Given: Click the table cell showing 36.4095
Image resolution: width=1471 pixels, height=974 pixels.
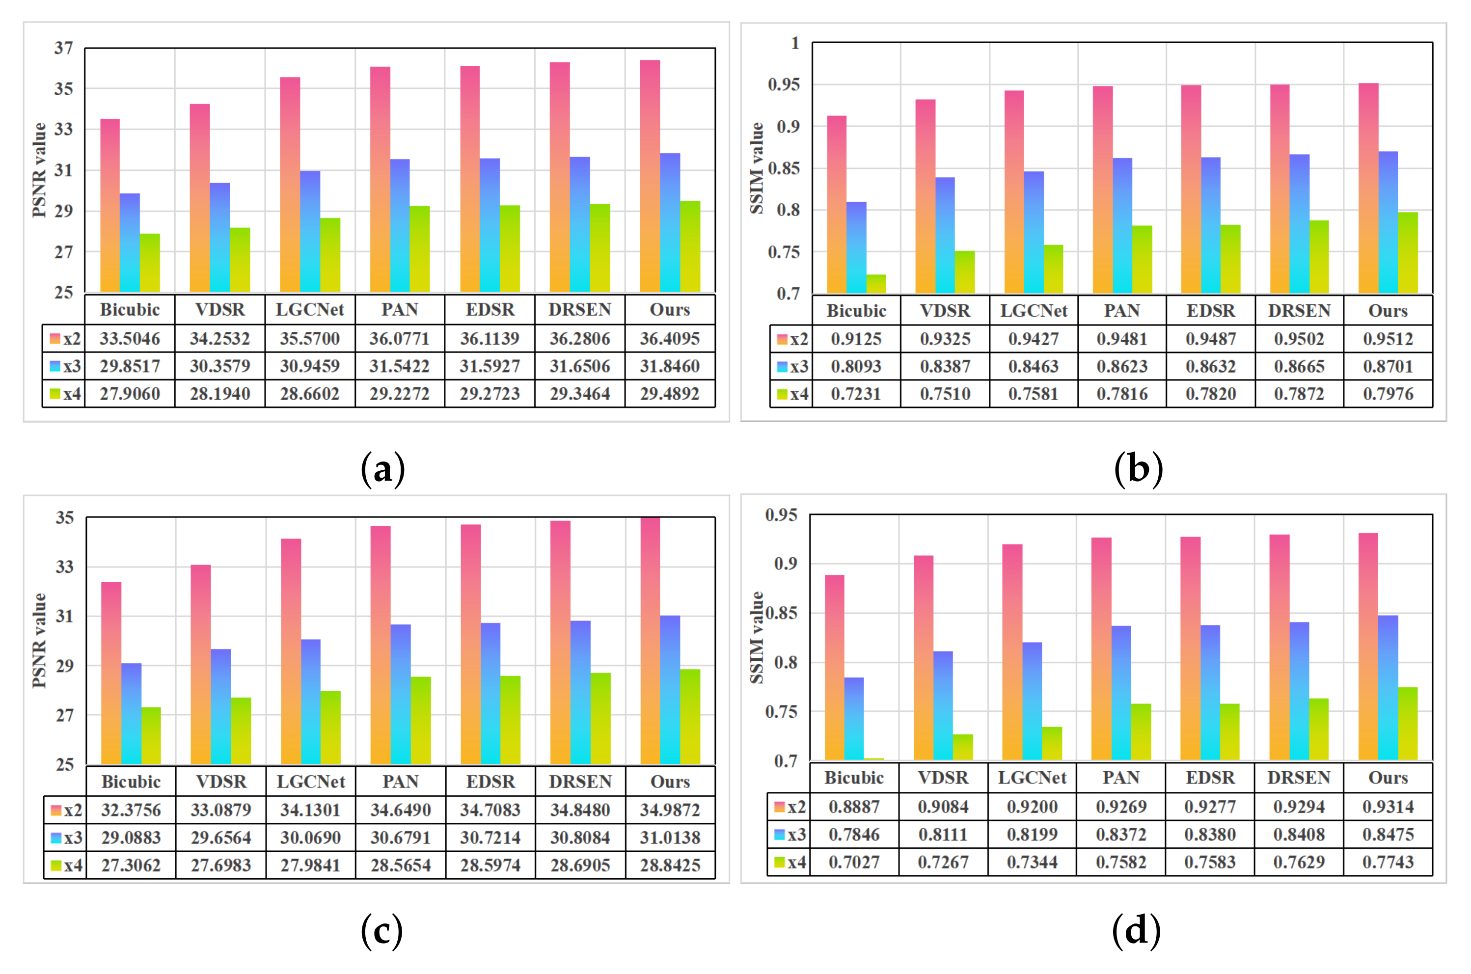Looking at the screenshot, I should pos(670,339).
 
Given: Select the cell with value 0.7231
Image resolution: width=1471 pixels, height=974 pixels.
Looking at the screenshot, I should pos(856,394).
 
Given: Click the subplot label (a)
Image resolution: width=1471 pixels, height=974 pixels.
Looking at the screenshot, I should pos(382,469).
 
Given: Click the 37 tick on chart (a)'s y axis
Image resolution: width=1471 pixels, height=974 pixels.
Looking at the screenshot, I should pos(63,48).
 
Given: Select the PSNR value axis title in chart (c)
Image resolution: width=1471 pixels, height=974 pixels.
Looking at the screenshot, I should pos(39,640).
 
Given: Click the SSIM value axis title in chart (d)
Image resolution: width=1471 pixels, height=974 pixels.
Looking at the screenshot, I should pos(757,637).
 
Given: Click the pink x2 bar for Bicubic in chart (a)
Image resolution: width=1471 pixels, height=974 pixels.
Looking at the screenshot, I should pos(110,205).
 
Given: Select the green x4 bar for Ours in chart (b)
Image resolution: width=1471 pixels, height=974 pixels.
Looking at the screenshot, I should pos(1408,252).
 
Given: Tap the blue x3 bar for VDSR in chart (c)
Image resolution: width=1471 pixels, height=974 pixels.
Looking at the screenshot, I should pos(220,706).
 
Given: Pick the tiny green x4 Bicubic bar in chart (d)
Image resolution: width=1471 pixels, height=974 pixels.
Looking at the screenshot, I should pos(874,759).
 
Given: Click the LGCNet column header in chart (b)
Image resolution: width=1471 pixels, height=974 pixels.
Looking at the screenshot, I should pos(1033,311).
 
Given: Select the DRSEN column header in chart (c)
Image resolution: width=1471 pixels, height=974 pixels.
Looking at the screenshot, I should pos(579,782).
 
